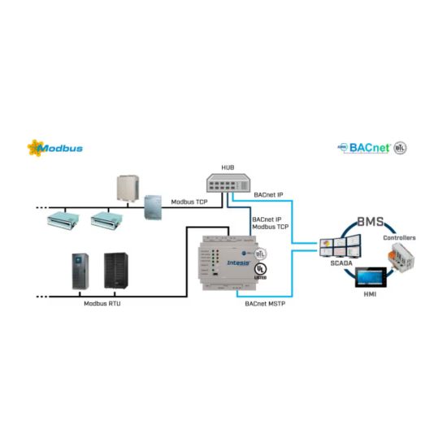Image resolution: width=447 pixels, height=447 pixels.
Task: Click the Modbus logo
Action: pos(55,149)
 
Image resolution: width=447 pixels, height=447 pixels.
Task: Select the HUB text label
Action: pos(227,168)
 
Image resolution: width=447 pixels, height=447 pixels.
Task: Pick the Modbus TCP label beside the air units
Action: pos(190,200)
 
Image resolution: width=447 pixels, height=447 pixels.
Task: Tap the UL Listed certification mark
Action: pos(261,269)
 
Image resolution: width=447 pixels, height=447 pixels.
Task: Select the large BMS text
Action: pos(371,222)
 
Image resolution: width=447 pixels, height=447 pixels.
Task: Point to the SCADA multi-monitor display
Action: pos(342,247)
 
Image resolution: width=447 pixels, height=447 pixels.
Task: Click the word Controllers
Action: pos(398,237)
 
